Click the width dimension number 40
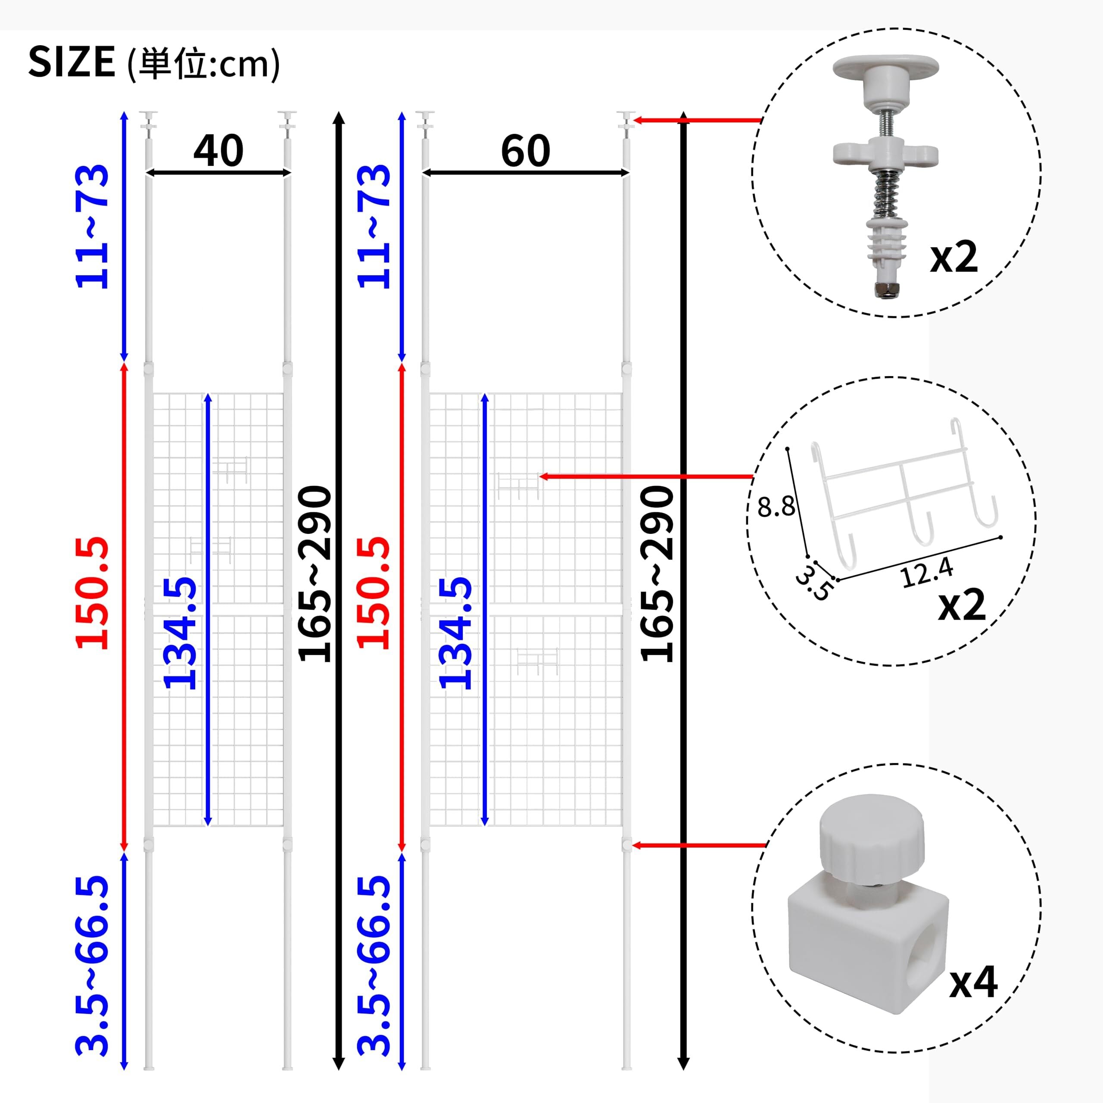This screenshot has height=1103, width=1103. [x=218, y=151]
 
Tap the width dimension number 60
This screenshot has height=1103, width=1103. [x=525, y=151]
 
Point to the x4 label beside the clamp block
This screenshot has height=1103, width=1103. [x=973, y=981]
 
